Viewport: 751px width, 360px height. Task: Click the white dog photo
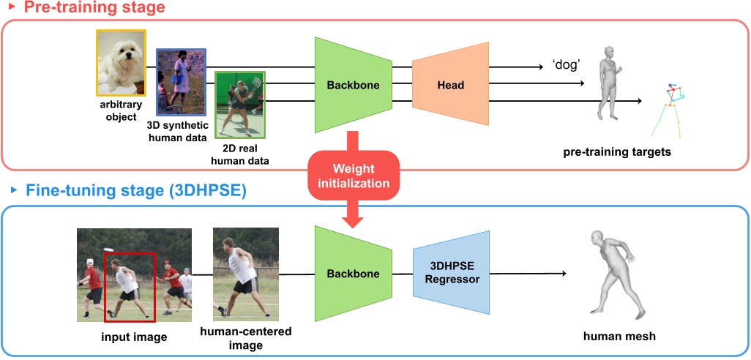point(122,63)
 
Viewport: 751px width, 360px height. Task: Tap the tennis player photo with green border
point(240,105)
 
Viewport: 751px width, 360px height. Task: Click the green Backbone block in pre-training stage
point(353,85)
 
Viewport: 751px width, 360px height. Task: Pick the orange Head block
point(450,85)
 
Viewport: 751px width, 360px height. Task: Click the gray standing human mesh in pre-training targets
point(607,82)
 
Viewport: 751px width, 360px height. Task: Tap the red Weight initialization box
point(354,176)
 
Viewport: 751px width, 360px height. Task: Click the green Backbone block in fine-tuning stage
point(353,274)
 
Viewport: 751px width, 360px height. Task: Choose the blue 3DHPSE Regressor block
point(452,274)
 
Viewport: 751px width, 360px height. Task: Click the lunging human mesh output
point(611,274)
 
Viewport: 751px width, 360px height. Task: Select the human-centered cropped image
point(245,274)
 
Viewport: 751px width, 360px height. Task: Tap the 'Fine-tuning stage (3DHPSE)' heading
point(135,192)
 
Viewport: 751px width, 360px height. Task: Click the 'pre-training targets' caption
point(616,152)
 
